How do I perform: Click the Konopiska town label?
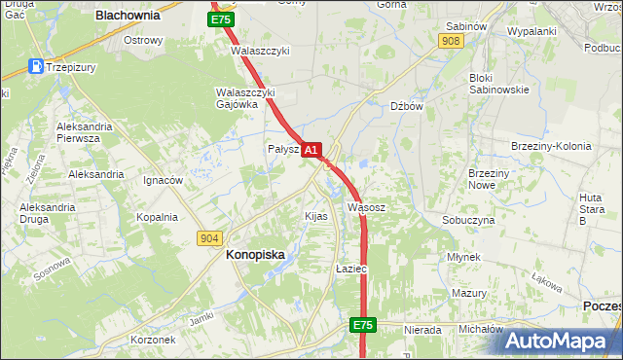pyautogui.click(x=255, y=254)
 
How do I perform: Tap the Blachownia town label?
pyautogui.click(x=127, y=16)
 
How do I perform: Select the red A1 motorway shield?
pyautogui.click(x=311, y=151)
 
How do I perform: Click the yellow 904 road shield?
pyautogui.click(x=209, y=237)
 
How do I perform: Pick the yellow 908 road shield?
pyautogui.click(x=450, y=41)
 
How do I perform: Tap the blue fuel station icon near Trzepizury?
pyautogui.click(x=36, y=67)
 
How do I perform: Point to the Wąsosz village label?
pyautogui.click(x=367, y=207)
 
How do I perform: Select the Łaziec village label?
pyautogui.click(x=349, y=268)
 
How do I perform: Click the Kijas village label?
pyautogui.click(x=315, y=215)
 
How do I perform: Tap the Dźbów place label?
pyautogui.click(x=406, y=106)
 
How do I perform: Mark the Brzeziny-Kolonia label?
pyautogui.click(x=551, y=146)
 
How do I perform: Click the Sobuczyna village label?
pyautogui.click(x=468, y=220)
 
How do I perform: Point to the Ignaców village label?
pyautogui.click(x=163, y=180)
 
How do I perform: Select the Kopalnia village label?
pyautogui.click(x=157, y=217)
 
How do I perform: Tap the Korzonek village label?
pyautogui.click(x=153, y=340)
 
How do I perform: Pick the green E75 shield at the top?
pyautogui.click(x=221, y=19)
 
